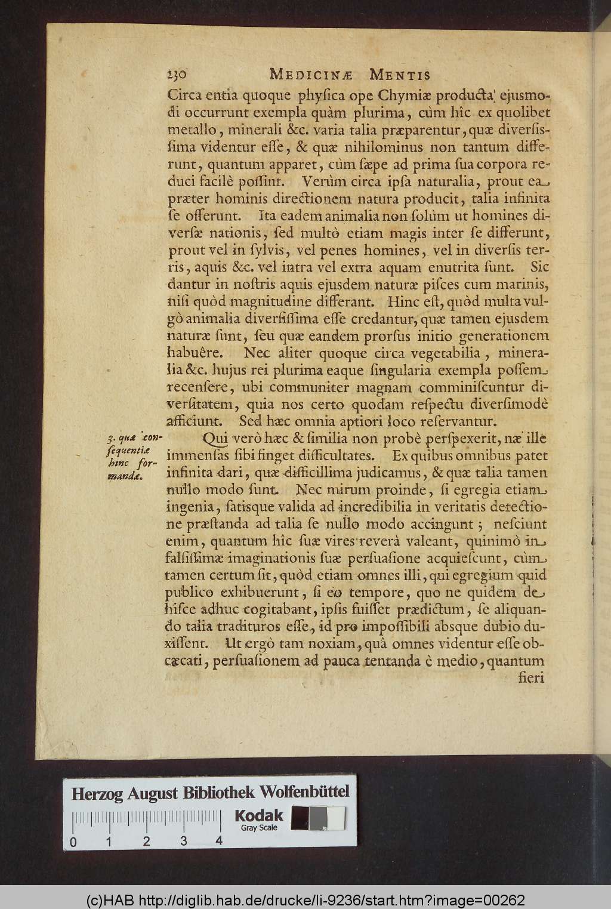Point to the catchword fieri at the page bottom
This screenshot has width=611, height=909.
coord(533,679)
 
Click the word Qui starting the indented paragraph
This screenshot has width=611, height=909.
coord(216,439)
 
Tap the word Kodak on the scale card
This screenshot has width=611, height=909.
coord(258,815)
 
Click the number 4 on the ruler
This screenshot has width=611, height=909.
coord(220,840)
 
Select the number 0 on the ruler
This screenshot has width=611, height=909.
coord(73,842)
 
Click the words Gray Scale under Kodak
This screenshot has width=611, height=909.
coord(258,828)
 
